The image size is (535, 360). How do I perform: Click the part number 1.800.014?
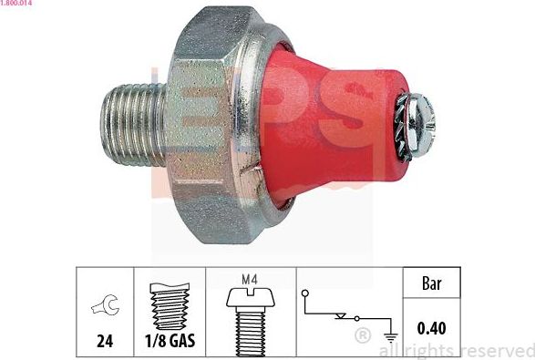(x=17, y=5)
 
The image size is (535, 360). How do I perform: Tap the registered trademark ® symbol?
(x=362, y=337)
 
